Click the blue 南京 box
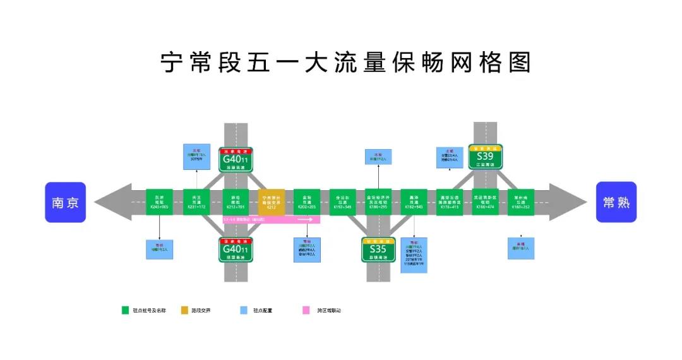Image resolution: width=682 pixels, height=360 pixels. (x=65, y=202)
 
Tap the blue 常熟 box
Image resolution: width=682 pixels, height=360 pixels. (x=616, y=202)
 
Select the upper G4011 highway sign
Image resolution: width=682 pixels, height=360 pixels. (x=236, y=160)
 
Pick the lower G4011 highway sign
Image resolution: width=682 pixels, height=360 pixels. (x=236, y=250)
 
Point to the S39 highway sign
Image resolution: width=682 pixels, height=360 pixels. (x=485, y=157)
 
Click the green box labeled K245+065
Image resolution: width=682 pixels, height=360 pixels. (x=159, y=202)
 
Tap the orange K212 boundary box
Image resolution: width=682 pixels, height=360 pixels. (x=272, y=202)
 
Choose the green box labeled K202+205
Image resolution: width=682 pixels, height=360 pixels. (x=307, y=202)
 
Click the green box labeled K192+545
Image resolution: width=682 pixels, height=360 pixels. (x=343, y=202)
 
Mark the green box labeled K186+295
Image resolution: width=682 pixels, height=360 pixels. (x=378, y=202)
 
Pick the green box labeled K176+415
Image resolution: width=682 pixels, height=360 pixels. (x=449, y=202)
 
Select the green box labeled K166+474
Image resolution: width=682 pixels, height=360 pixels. (x=485, y=202)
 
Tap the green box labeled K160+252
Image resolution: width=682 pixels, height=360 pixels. (x=521, y=202)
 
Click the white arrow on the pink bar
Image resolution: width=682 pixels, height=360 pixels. (x=306, y=220)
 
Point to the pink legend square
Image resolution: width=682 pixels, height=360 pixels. (x=306, y=310)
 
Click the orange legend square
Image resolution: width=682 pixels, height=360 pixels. (x=184, y=310)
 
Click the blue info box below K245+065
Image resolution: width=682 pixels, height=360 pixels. (x=159, y=248)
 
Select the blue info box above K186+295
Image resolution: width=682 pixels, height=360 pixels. (x=378, y=157)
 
